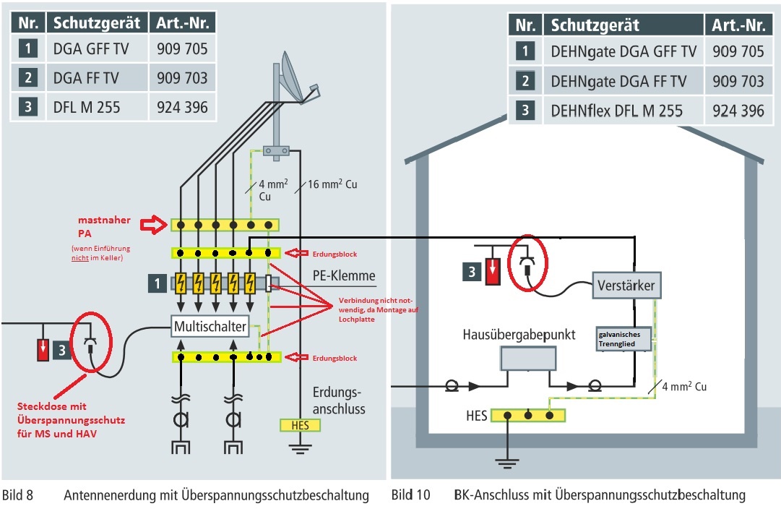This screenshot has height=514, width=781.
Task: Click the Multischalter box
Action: tap(210, 327)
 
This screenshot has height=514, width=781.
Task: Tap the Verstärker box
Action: tap(626, 285)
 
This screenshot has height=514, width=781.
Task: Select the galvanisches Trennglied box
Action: tap(623, 339)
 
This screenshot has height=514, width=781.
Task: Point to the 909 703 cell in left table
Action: tap(182, 78)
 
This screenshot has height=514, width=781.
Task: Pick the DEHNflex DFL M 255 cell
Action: tap(623, 111)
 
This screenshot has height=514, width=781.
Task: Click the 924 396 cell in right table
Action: tap(738, 111)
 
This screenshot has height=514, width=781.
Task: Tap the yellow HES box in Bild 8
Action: tap(300, 425)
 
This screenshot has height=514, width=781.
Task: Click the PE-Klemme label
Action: tap(344, 275)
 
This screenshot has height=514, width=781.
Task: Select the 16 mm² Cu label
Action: tap(332, 184)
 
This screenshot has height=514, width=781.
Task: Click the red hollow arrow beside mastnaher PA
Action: tap(153, 225)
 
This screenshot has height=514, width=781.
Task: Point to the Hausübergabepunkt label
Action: tap(519, 335)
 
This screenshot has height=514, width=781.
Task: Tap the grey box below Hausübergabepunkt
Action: tap(528, 359)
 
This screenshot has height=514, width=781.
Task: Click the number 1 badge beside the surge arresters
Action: tap(158, 283)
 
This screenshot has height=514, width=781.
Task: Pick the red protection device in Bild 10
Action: tap(493, 272)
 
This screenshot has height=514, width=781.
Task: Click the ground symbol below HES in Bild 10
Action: tap(507, 463)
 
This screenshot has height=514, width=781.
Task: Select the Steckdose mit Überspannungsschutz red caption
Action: tap(71, 420)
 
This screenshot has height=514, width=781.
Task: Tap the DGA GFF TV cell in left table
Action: tap(91, 49)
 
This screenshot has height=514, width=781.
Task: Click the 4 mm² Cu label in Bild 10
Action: tap(684, 386)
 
